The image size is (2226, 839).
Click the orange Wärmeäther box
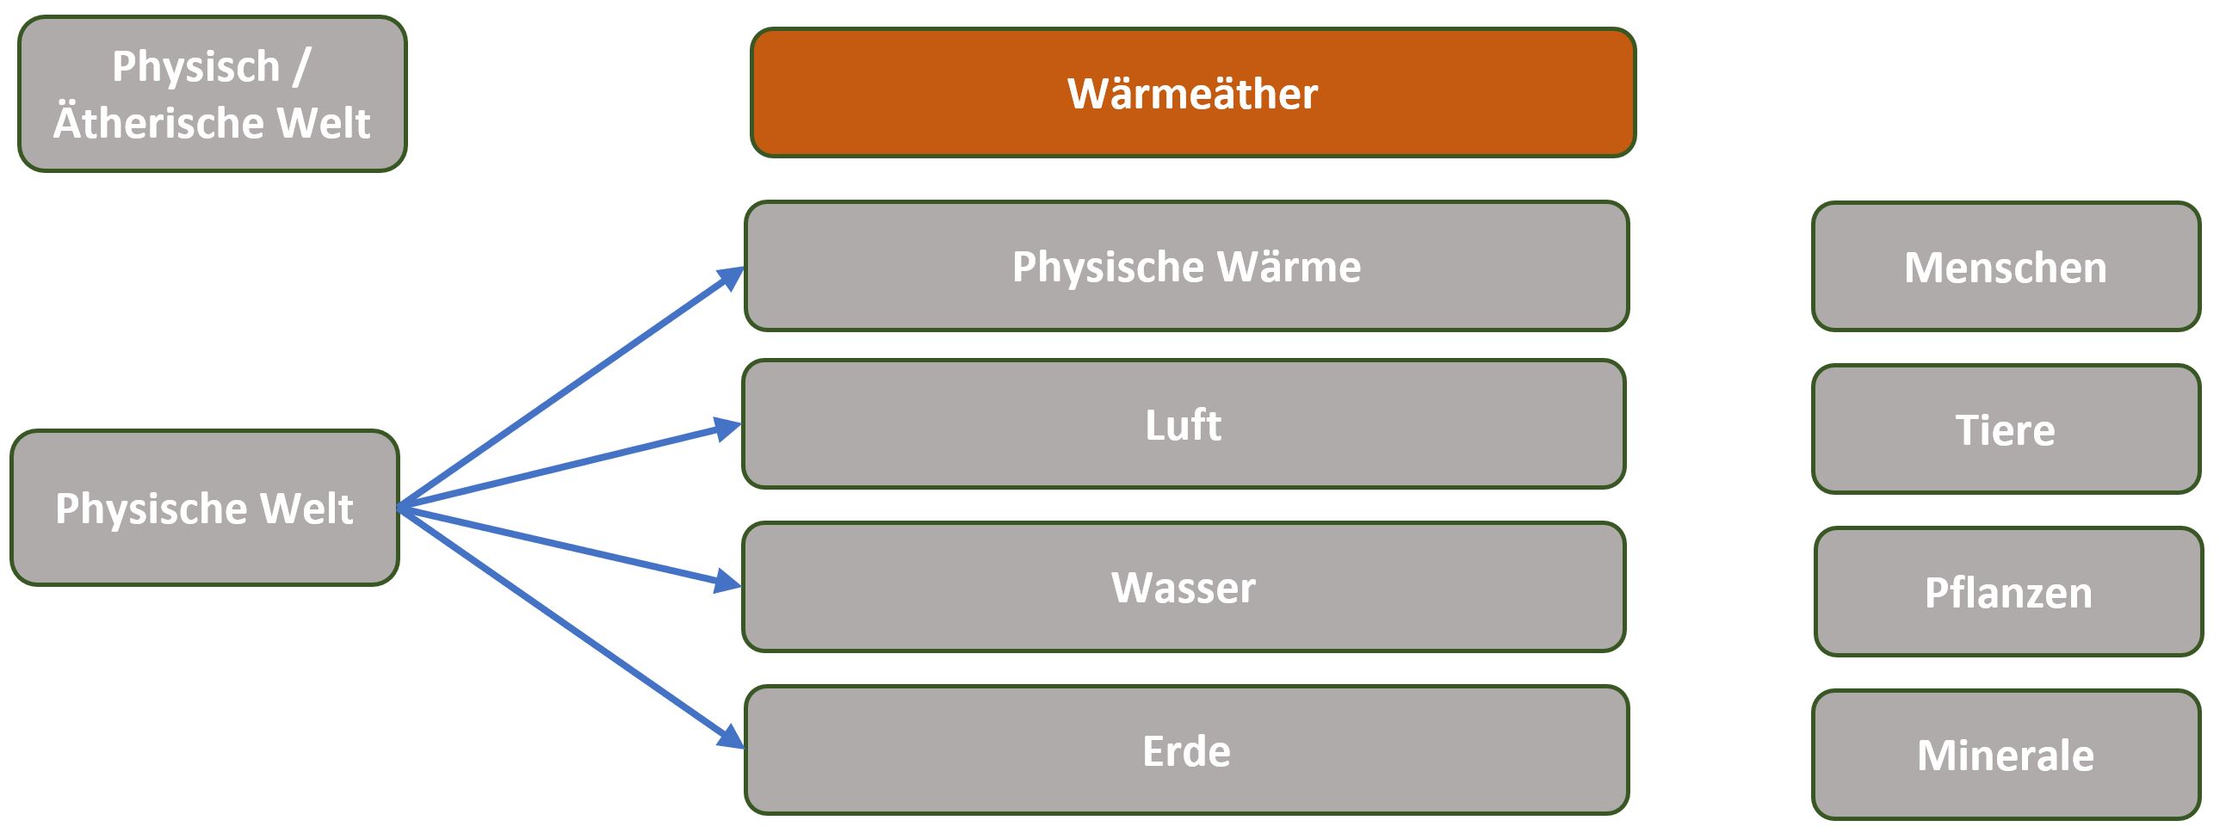click(1192, 92)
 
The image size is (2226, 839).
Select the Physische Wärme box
click(1186, 266)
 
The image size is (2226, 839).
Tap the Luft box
click(1183, 424)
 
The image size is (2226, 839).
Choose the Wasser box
click(1183, 587)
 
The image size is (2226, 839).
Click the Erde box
click(1186, 750)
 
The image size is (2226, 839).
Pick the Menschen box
click(2006, 267)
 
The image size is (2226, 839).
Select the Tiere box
click(2006, 429)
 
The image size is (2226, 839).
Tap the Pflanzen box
click(2008, 592)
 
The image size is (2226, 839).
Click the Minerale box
click(2006, 755)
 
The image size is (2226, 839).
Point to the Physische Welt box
click(205, 508)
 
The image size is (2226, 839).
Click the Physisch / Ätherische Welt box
click(213, 93)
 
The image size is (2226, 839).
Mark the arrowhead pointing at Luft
click(727, 428)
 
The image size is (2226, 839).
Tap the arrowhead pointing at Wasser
click(727, 582)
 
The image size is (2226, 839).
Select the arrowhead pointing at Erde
click(731, 737)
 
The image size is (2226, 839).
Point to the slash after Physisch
click(300, 67)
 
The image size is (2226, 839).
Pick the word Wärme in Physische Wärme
click(1289, 266)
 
